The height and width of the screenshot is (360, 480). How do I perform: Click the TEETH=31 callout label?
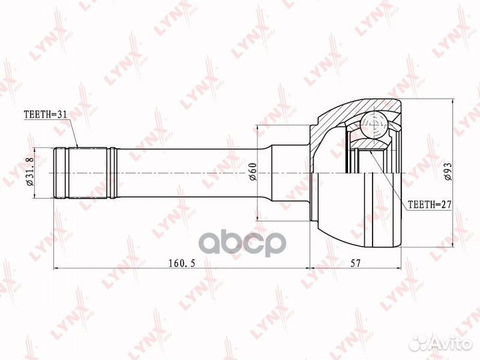click(x=45, y=115)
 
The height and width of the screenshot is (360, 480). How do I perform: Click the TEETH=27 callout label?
click(x=430, y=205)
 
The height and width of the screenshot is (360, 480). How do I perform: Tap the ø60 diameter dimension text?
click(x=253, y=172)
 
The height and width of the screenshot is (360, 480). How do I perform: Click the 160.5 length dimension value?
click(x=182, y=263)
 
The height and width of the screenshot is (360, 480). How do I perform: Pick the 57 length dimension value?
click(x=355, y=263)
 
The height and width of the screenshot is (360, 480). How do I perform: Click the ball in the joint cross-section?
click(x=374, y=125)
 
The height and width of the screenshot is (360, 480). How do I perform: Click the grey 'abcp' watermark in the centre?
click(x=243, y=242)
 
